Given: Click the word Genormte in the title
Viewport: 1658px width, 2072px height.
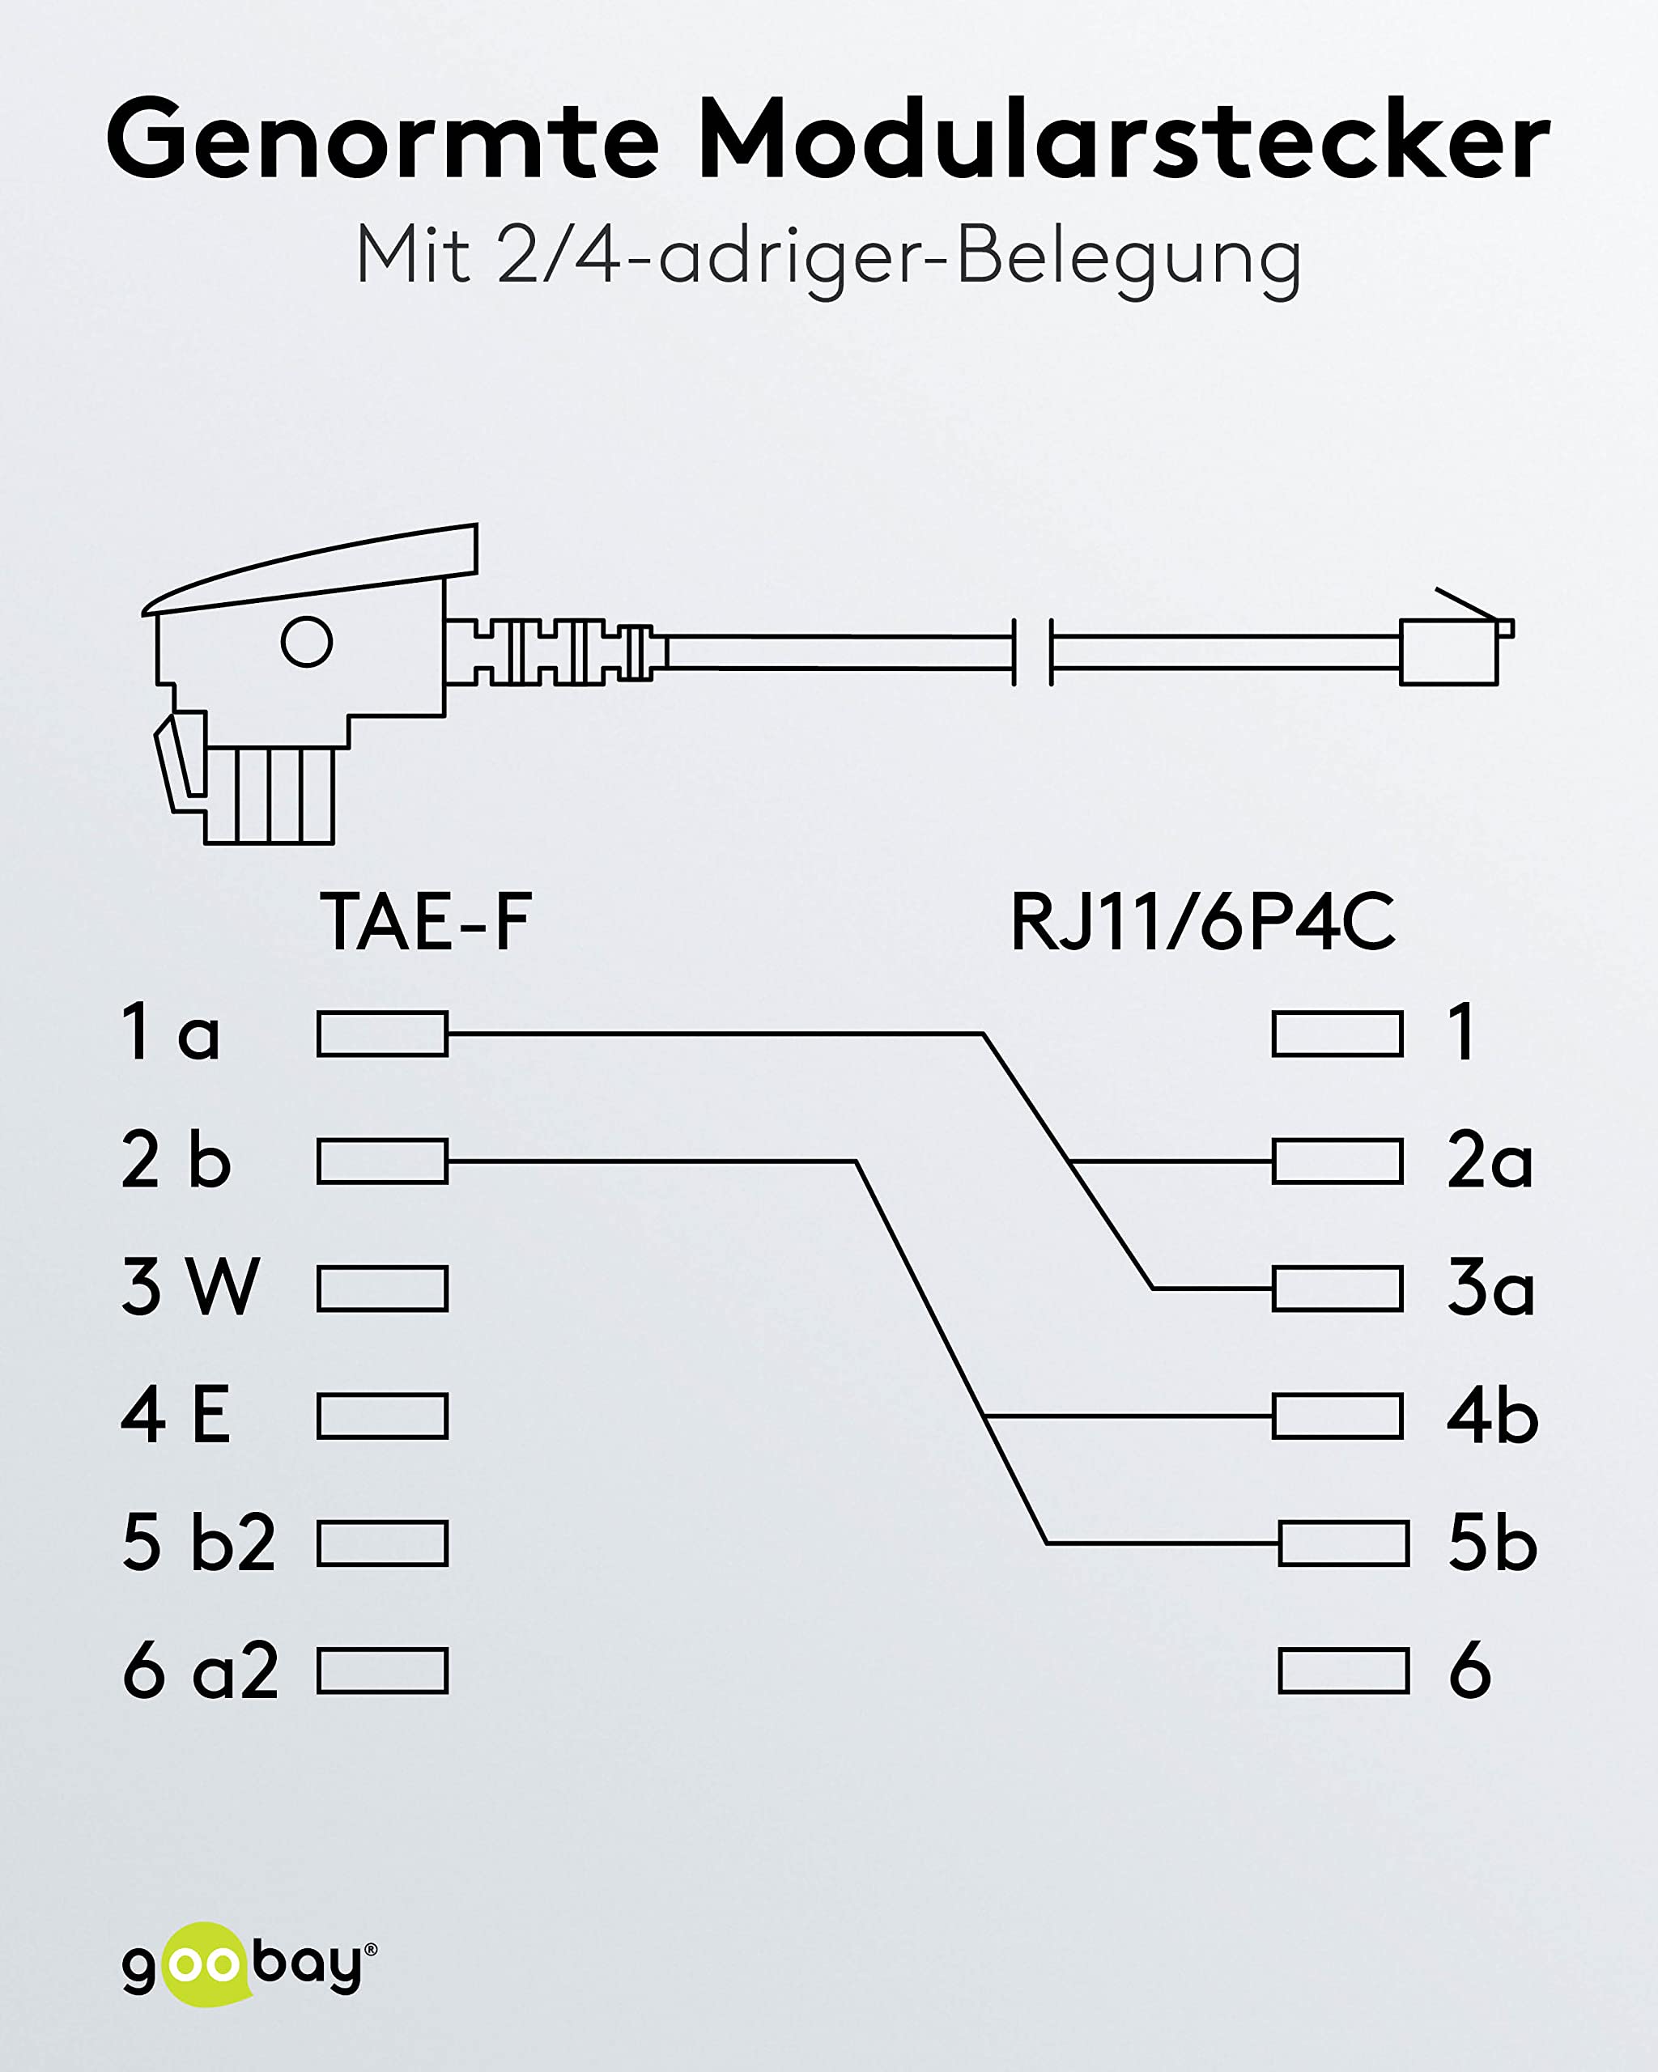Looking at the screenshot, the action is click(383, 138).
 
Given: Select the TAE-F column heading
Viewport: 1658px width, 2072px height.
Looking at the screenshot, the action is click(426, 922).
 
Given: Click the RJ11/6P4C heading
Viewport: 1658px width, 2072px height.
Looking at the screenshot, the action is click(1202, 922).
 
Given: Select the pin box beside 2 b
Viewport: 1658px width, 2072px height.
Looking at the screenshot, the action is click(383, 1161).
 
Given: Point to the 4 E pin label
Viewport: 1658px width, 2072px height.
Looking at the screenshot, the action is click(176, 1415).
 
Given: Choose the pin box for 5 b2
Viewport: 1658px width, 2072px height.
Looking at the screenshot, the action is click(383, 1543).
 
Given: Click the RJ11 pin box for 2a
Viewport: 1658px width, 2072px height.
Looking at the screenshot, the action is click(1337, 1161).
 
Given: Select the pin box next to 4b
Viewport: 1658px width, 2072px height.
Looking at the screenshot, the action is click(1337, 1416).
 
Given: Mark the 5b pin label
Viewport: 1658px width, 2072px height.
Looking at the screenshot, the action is click(1493, 1543).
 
